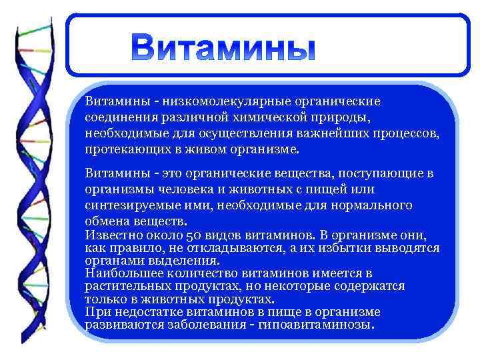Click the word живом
pos(197,148)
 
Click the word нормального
pos(372,205)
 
